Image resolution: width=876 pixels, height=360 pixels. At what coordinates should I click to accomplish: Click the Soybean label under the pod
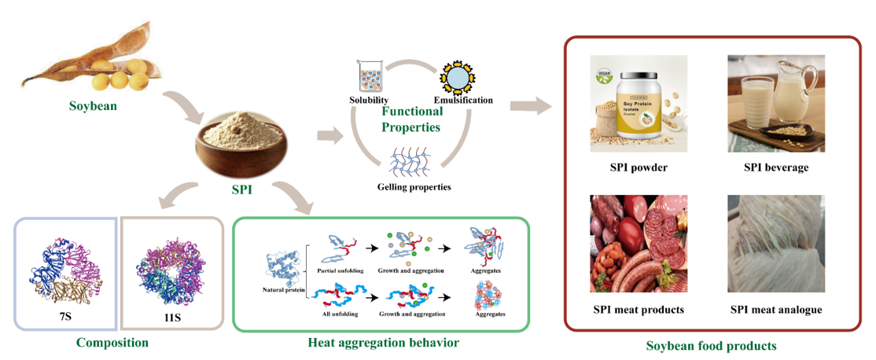coord(93,106)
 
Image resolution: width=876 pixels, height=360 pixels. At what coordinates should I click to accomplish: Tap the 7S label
coord(66,321)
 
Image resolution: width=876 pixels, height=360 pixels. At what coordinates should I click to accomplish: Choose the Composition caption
coord(112,343)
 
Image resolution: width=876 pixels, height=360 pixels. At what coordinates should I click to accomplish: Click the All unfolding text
coord(337,314)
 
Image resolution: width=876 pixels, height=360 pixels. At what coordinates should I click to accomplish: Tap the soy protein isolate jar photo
coord(639,103)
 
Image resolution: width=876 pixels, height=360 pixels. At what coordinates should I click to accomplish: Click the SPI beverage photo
coord(775,103)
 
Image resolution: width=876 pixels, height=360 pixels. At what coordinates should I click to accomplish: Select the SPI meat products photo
coord(639,244)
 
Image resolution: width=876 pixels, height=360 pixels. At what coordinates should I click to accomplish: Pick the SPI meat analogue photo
coord(775,244)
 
